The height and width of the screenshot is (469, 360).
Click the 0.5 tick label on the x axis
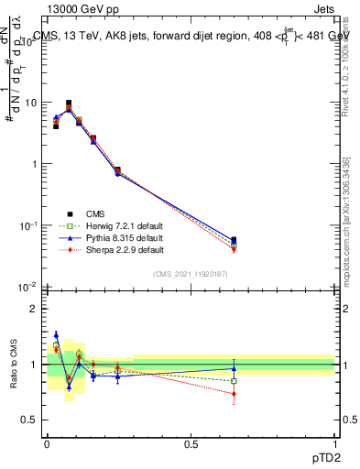click(x=191, y=443)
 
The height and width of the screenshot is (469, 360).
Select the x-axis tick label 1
click(x=334, y=443)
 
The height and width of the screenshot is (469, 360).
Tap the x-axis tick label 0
click(x=47, y=443)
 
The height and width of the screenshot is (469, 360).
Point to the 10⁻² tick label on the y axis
click(x=28, y=287)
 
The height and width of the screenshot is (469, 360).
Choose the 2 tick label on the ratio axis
click(x=35, y=309)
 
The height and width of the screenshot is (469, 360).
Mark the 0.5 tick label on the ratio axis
click(x=30, y=420)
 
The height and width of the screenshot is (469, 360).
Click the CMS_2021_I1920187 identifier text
click(x=191, y=273)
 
